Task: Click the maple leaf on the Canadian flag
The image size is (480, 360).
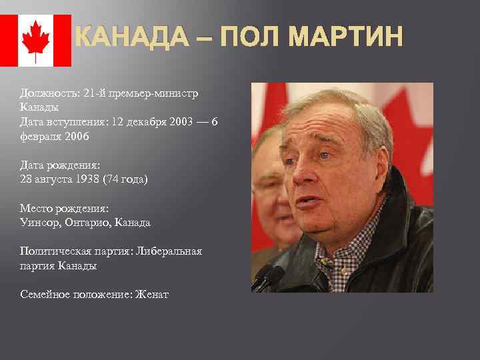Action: coord(35,40)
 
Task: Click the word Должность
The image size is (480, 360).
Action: coord(49,93)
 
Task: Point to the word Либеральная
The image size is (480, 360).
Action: coord(167,251)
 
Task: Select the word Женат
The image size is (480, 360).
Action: coord(153,294)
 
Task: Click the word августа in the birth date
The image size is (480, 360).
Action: coord(57,179)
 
